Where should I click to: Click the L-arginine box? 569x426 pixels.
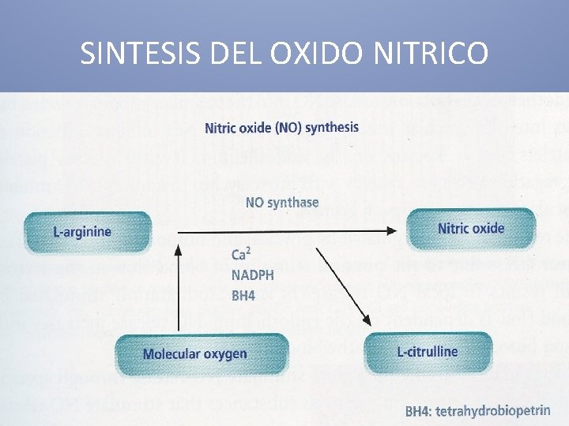click(86, 231)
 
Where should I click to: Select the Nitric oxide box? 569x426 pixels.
click(471, 228)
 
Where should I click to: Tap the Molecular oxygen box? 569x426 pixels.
click(194, 353)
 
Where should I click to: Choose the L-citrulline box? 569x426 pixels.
click(428, 351)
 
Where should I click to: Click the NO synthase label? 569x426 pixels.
click(282, 203)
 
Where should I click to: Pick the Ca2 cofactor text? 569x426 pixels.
click(242, 254)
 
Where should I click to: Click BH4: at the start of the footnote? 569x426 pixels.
click(422, 411)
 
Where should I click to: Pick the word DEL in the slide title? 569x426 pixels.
click(236, 53)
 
